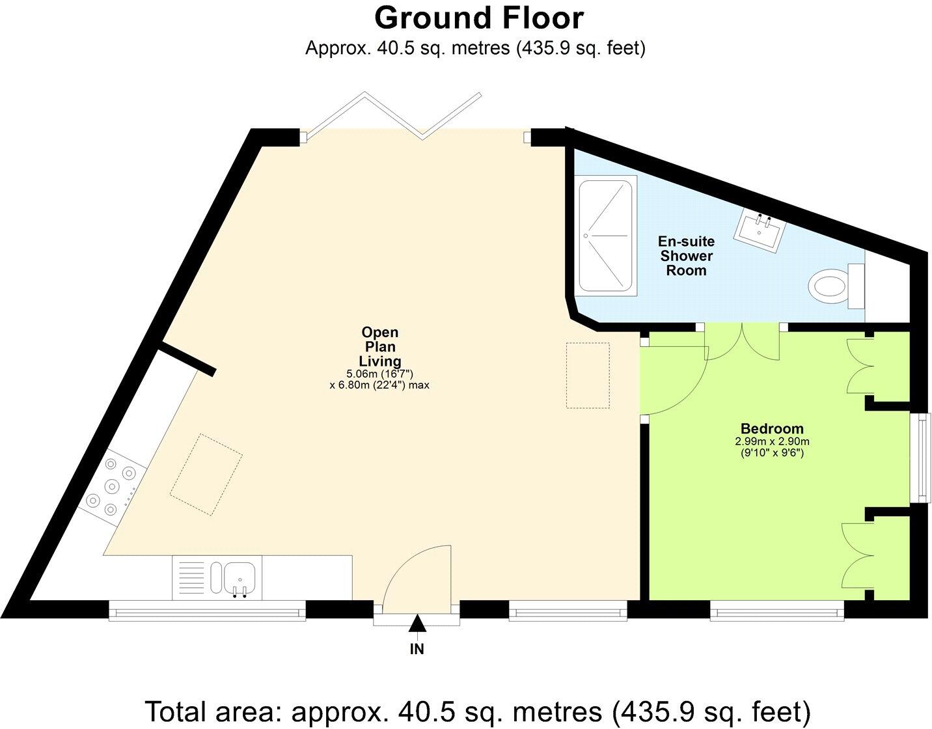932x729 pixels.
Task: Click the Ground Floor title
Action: [x=478, y=18]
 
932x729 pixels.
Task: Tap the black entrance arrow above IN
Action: [x=417, y=624]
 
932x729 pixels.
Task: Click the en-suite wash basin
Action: [x=760, y=228]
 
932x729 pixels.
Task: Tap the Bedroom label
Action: [x=772, y=429]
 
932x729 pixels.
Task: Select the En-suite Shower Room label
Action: [x=686, y=256]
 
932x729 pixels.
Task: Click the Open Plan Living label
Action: [x=380, y=347]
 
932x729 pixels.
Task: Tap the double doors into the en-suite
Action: [x=743, y=342]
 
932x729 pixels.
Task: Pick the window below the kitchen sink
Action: [x=206, y=611]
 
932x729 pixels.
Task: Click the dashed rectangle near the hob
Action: [x=206, y=475]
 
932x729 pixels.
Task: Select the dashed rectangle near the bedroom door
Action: [x=588, y=376]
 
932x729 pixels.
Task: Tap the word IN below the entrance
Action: [x=417, y=649]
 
